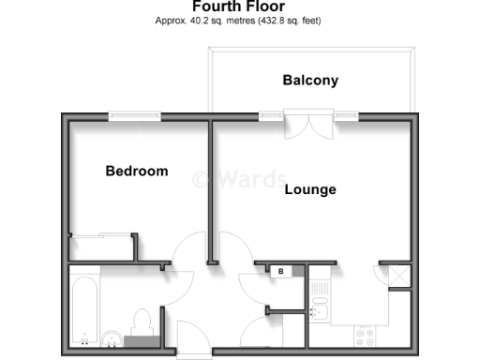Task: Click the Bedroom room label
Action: [x=137, y=172]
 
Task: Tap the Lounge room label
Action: [x=309, y=189]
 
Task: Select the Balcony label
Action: [x=310, y=81]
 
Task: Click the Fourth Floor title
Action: [x=240, y=6]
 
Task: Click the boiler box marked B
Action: [x=280, y=271]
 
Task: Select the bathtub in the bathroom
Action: [x=83, y=308]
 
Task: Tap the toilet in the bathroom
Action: [x=142, y=321]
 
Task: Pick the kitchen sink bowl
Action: [x=319, y=308]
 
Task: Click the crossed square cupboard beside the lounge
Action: [x=395, y=277]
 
